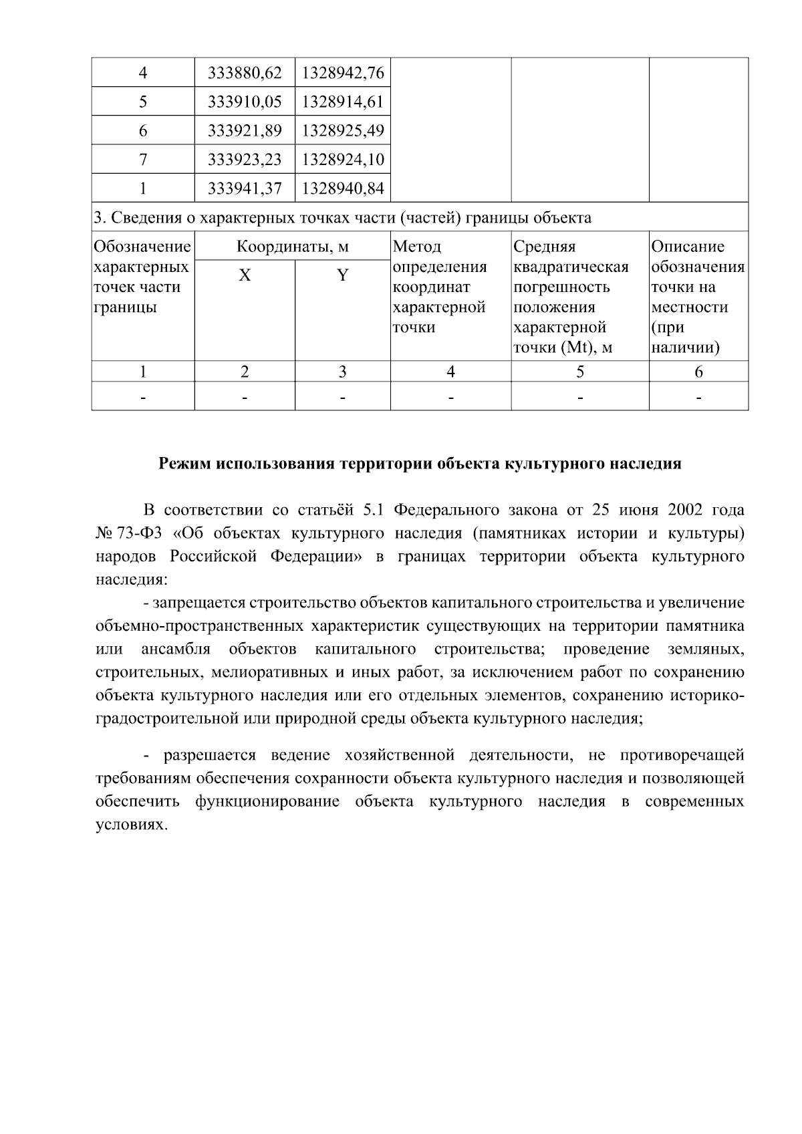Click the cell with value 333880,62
click(245, 72)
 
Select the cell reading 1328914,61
click(343, 102)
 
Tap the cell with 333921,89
click(245, 130)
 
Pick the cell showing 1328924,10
click(343, 160)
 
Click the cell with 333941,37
click(245, 188)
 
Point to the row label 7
click(143, 160)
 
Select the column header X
click(245, 275)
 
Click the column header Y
click(343, 275)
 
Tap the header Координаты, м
click(293, 247)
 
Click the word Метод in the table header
click(417, 247)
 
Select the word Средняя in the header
click(544, 247)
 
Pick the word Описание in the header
click(688, 247)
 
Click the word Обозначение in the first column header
click(142, 247)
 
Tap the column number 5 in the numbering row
click(579, 372)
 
